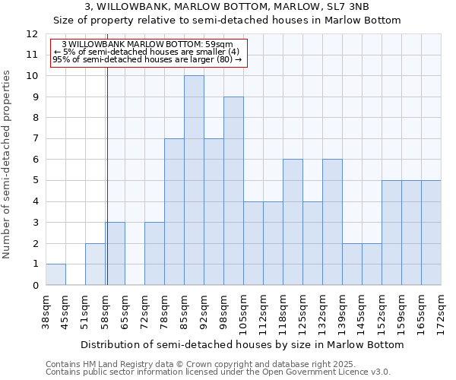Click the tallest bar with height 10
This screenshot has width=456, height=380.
point(194,180)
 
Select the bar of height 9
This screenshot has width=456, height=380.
point(233,191)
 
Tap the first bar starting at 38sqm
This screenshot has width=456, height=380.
point(55,274)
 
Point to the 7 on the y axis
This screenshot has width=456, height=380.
point(34,139)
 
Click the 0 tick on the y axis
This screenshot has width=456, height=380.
point(34,285)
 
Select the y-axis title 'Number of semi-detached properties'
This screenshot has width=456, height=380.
point(8,164)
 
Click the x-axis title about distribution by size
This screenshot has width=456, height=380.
point(242,344)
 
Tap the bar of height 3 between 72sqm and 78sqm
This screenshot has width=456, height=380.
point(154,253)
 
